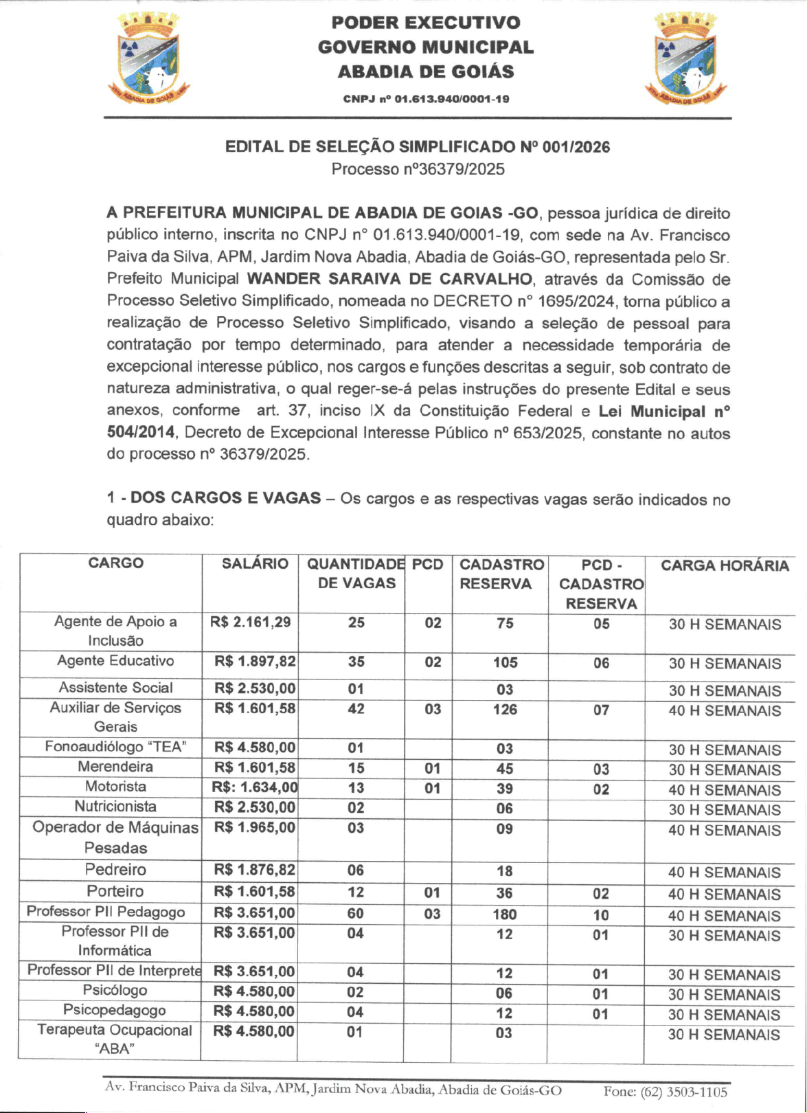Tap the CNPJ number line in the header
coord(426,99)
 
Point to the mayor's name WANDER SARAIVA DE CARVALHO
coord(389,279)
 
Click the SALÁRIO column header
coord(255,564)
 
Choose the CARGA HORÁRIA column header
coord(725,566)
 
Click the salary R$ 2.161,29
coord(251,622)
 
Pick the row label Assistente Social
coord(115,688)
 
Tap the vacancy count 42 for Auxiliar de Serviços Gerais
coord(356,709)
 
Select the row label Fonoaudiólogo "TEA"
coord(115,747)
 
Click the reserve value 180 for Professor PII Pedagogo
coord(504,914)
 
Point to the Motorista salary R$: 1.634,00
coord(255,788)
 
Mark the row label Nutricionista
coord(115,807)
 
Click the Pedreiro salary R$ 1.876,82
coord(255,870)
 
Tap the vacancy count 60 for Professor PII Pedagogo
coord(356,914)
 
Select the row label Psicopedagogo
coord(115,1010)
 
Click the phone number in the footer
coord(665,1092)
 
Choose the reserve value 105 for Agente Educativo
coord(505,663)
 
